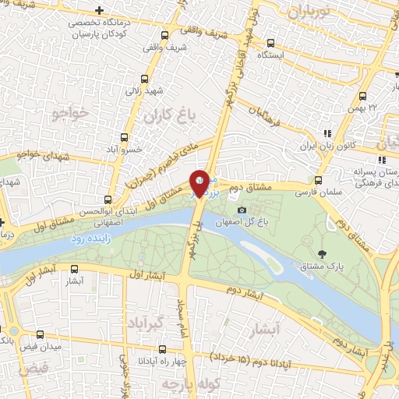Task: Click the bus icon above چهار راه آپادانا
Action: (x=162, y=351)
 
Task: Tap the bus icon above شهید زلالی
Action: (x=145, y=79)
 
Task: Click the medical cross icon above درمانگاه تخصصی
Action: (x=97, y=10)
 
